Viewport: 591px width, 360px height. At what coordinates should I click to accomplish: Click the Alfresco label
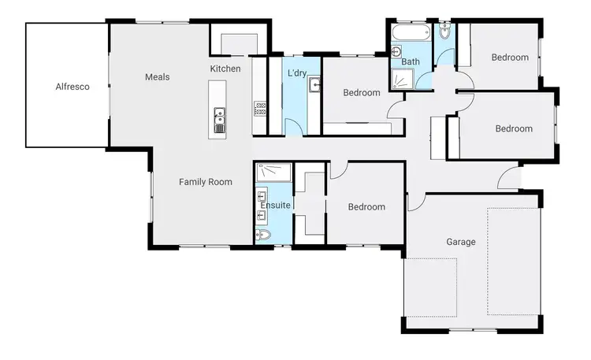(x=72, y=87)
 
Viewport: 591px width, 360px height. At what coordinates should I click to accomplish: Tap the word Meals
(x=158, y=77)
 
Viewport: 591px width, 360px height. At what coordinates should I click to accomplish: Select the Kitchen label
(x=225, y=69)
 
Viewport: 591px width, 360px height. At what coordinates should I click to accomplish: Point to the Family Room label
(x=205, y=182)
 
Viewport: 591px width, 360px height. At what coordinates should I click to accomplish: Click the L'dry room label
(x=296, y=72)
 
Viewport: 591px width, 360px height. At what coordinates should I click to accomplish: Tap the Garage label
(x=461, y=242)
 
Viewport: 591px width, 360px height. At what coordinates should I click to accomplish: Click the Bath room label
(x=411, y=61)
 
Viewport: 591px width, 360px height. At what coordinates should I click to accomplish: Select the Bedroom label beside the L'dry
(x=362, y=93)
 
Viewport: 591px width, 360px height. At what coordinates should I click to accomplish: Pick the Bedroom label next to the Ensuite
(x=366, y=207)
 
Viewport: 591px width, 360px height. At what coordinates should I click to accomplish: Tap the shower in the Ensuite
(x=273, y=171)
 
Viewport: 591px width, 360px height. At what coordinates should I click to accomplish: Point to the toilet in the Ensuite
(x=264, y=235)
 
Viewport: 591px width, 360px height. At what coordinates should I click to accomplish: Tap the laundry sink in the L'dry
(x=314, y=85)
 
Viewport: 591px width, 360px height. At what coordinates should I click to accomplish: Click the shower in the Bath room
(x=403, y=78)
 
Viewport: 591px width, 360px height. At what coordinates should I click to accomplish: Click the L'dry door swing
(x=292, y=126)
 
